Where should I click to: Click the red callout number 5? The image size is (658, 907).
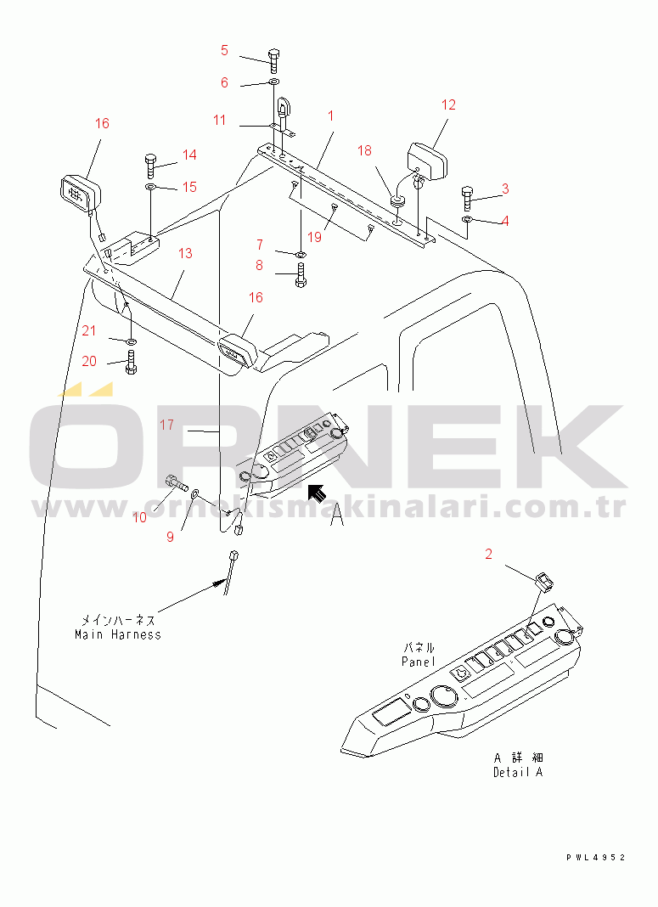[x=224, y=50]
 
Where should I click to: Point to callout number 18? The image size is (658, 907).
[x=364, y=150]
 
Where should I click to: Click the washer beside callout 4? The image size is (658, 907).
[x=468, y=221]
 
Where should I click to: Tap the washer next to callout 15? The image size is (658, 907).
[x=150, y=186]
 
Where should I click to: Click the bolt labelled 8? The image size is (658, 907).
[x=301, y=276]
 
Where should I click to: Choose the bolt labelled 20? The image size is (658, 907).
[x=130, y=363]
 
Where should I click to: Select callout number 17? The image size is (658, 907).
[x=166, y=425]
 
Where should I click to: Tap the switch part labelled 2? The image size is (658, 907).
[x=543, y=582]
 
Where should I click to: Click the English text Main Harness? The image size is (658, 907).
[x=117, y=634]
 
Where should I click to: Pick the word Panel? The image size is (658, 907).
[x=418, y=662]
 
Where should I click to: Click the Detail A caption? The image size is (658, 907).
[x=517, y=772]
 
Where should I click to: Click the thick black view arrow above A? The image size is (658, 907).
[x=317, y=493]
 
